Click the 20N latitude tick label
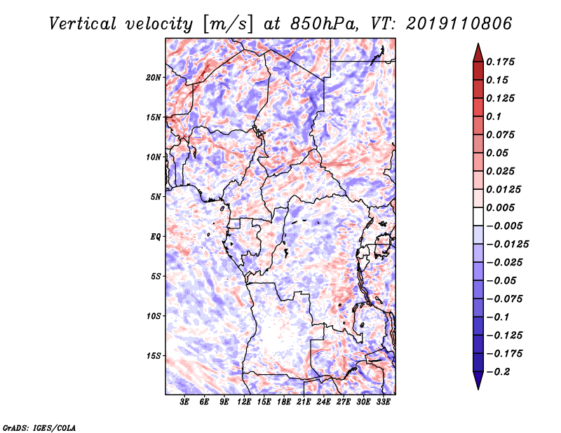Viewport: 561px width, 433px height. coord(154,78)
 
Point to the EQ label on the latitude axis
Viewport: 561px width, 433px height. coord(156,237)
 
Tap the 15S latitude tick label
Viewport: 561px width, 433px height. coord(154,356)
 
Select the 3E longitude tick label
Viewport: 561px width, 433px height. coord(184,402)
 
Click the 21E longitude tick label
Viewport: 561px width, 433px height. coord(304,402)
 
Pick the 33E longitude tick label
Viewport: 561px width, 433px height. coord(384,402)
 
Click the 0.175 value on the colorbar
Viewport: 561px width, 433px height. coord(500,62)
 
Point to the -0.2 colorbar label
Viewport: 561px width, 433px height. coord(498,372)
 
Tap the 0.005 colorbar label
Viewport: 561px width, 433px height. coord(500,207)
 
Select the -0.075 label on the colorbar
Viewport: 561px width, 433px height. coord(504,299)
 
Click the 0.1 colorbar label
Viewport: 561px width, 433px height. coord(494,116)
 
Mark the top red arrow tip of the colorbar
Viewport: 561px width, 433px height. coord(478,43)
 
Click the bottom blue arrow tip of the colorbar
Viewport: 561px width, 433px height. coord(478,389)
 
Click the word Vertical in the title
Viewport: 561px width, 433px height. coord(83,24)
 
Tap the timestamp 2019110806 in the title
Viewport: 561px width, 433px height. coord(459,24)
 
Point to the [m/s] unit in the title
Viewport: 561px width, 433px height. coord(228,25)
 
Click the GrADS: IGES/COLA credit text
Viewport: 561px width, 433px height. coord(39,428)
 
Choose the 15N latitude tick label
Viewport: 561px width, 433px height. coord(154,117)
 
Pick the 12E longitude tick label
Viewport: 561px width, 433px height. coord(244,402)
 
